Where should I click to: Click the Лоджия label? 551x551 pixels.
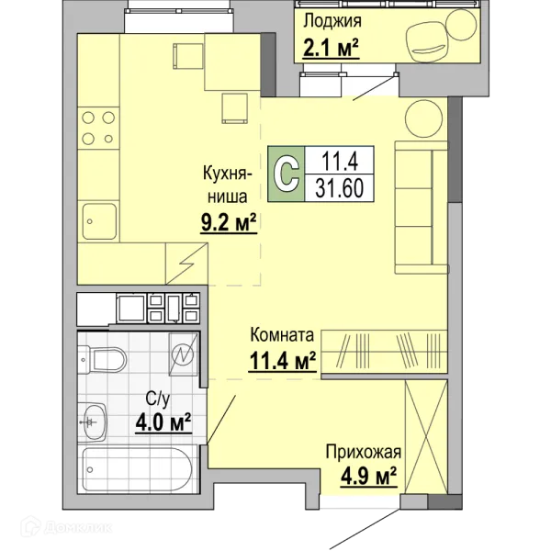pyautogui.click(x=332, y=21)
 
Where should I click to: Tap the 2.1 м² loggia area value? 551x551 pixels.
pyautogui.click(x=331, y=48)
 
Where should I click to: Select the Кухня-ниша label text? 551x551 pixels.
pyautogui.click(x=228, y=186)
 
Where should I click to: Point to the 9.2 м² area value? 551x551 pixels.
pyautogui.click(x=229, y=222)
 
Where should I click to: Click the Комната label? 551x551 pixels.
pyautogui.click(x=282, y=335)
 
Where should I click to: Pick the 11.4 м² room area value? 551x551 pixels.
pyautogui.click(x=283, y=361)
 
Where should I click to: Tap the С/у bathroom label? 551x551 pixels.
pyautogui.click(x=158, y=399)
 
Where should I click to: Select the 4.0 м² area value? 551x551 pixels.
pyautogui.click(x=163, y=422)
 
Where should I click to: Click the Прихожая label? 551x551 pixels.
pyautogui.click(x=364, y=452)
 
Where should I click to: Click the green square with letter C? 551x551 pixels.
pyautogui.click(x=286, y=174)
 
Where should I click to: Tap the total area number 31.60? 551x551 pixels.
pyautogui.click(x=339, y=188)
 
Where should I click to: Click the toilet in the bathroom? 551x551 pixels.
pyautogui.click(x=102, y=359)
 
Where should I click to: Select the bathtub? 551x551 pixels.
pyautogui.click(x=137, y=469)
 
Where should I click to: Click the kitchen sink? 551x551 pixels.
pyautogui.click(x=99, y=221)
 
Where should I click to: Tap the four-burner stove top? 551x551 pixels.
pyautogui.click(x=98, y=129)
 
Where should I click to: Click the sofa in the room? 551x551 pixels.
pyautogui.click(x=421, y=208)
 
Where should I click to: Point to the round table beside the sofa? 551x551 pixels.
pyautogui.click(x=423, y=118)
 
